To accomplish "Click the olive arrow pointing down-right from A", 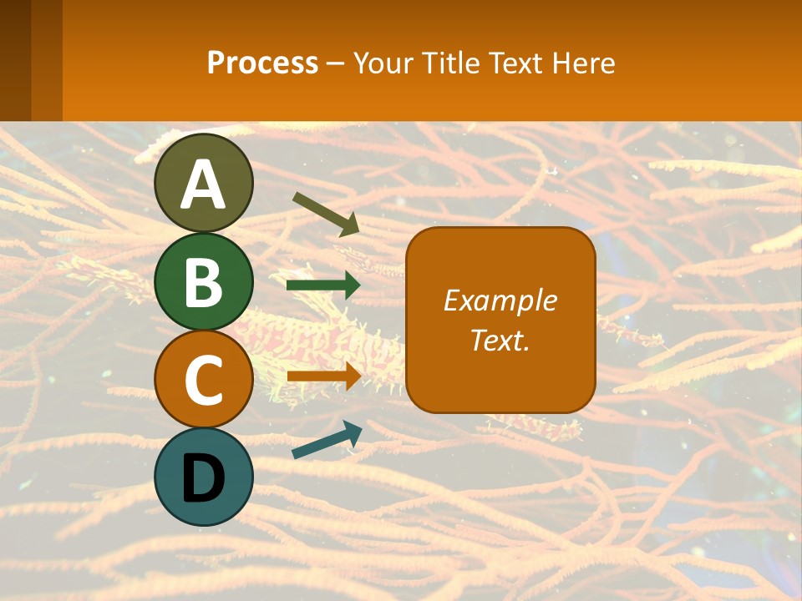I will [x=326, y=213].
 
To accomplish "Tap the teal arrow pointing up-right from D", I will [x=327, y=439].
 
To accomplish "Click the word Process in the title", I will [x=262, y=63].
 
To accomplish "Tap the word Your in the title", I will [x=383, y=63].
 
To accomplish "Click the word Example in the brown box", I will [x=500, y=300].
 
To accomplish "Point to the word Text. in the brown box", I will [x=500, y=340].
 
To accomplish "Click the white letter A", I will [x=204, y=184].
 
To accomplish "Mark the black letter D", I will [x=204, y=480].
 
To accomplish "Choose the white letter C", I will [x=204, y=381].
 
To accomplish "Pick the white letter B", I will [x=204, y=282].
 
